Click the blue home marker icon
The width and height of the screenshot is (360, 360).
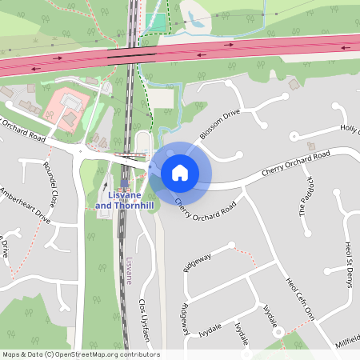180,172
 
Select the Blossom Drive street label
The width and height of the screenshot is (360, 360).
220,124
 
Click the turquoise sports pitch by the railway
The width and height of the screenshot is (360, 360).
158,22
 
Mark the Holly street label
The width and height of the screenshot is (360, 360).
350,129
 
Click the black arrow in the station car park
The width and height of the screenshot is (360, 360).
105,185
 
